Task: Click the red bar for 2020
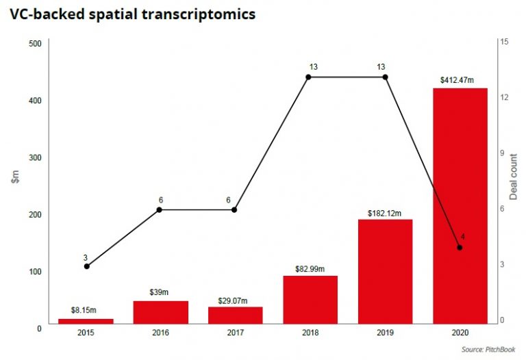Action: (x=460, y=205)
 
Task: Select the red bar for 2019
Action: (x=385, y=271)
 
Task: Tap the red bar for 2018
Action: (x=310, y=299)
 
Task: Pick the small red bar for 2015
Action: (x=86, y=320)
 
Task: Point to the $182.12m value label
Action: (x=385, y=211)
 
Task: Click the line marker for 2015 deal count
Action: (x=86, y=266)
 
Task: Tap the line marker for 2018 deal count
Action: (x=308, y=77)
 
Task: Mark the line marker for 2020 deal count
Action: (x=460, y=247)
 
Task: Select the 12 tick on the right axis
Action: (x=504, y=98)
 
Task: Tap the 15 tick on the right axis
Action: (x=504, y=42)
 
